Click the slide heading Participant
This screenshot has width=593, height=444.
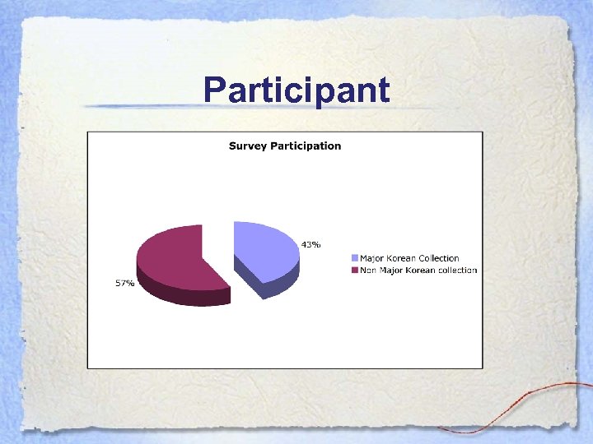pyautogui.click(x=296, y=89)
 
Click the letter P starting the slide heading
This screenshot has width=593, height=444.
pyautogui.click(x=215, y=89)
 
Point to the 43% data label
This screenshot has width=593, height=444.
pyautogui.click(x=311, y=244)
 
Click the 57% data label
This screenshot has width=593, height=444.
pyautogui.click(x=124, y=283)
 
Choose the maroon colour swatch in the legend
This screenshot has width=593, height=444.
pyautogui.click(x=355, y=271)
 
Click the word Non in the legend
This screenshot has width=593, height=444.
pyautogui.click(x=368, y=271)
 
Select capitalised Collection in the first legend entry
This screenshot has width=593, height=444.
pyautogui.click(x=438, y=259)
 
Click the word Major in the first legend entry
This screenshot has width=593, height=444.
pyautogui.click(x=372, y=259)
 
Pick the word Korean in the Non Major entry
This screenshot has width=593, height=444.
pyautogui.click(x=419, y=271)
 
